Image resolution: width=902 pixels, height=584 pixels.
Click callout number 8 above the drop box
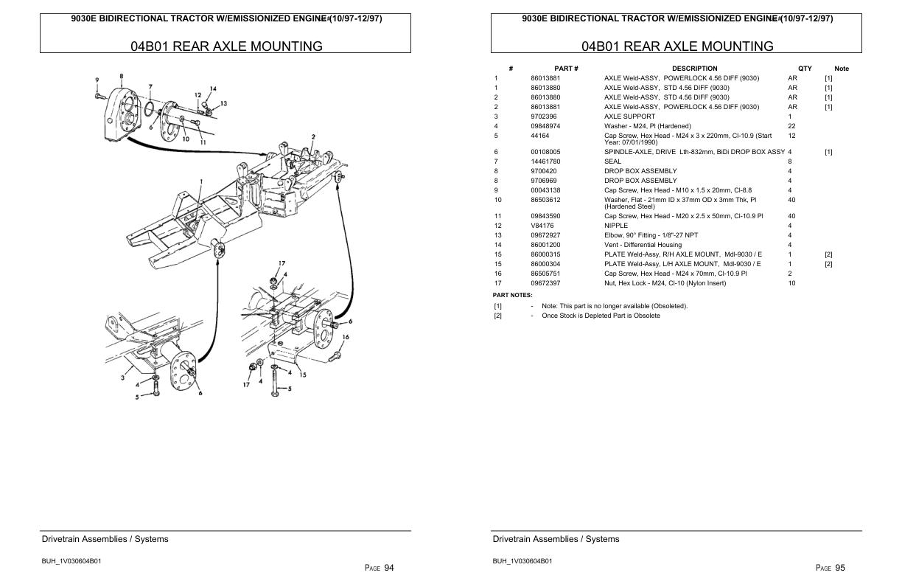pos(121,75)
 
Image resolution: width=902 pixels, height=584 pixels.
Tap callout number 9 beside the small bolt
pos(97,80)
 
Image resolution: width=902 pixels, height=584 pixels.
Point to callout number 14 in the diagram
pos(212,89)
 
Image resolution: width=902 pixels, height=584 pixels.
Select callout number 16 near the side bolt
pos(346,337)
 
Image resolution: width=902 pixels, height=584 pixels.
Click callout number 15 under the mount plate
pos(303,375)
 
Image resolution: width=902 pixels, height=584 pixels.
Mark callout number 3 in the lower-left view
pos(122,378)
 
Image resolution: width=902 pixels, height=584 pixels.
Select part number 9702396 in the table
pos(544,117)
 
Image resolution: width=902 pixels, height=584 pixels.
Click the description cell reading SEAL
pos(612,161)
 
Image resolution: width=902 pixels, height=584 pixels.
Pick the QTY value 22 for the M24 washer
pos(791,126)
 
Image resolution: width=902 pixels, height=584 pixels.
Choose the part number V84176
pos(542,226)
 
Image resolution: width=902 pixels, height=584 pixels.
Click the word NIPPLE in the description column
pos(616,226)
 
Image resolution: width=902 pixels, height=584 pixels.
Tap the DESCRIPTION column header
pos(694,69)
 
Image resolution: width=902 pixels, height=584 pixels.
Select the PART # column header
pos(566,69)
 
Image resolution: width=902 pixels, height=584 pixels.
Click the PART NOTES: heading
pos(512,295)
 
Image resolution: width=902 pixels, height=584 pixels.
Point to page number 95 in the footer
pos(840,568)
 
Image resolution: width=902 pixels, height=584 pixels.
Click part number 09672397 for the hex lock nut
pos(545,283)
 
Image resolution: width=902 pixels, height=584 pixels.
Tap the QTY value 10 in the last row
pos(791,283)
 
